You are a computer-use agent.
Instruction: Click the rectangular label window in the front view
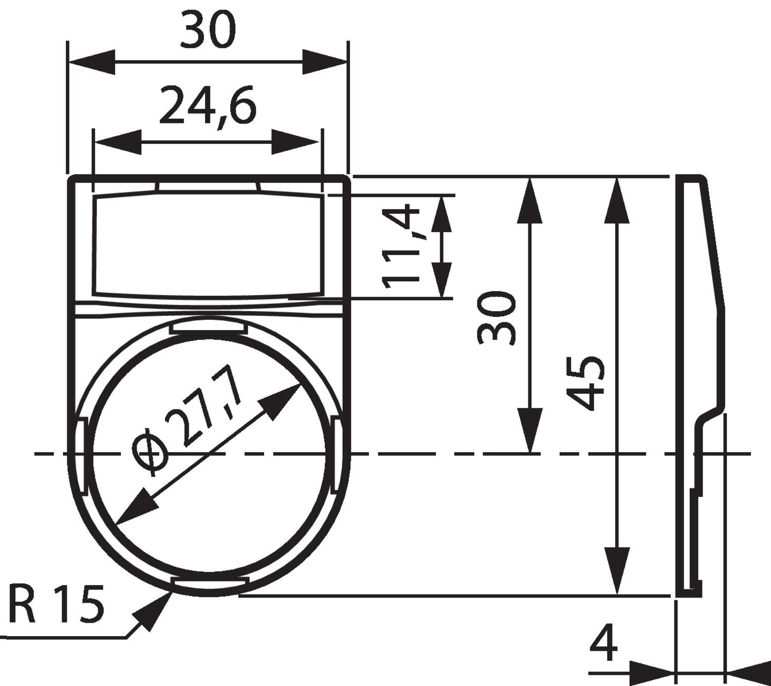click(208, 245)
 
